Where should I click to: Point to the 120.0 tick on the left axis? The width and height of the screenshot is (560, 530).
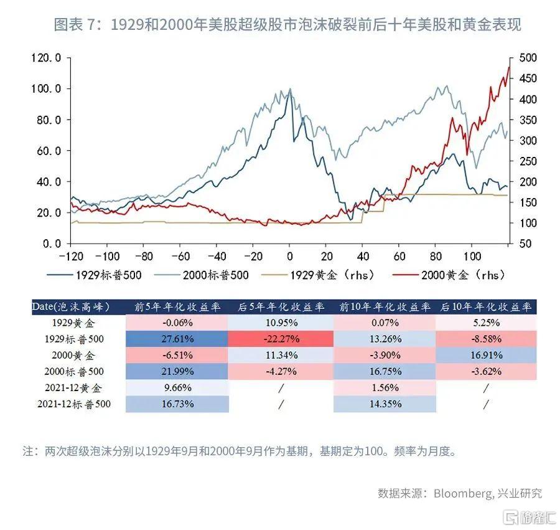(x=46, y=58)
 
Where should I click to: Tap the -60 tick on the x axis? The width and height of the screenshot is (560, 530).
(x=180, y=257)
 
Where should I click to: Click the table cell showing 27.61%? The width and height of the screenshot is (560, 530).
(x=177, y=339)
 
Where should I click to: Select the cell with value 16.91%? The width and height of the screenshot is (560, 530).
(x=486, y=356)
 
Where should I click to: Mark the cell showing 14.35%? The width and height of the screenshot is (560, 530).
(x=385, y=404)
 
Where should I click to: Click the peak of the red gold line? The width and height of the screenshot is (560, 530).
(x=509, y=67)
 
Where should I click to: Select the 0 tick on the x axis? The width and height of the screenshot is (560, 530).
(x=289, y=257)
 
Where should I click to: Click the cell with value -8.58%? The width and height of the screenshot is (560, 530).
(x=486, y=339)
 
